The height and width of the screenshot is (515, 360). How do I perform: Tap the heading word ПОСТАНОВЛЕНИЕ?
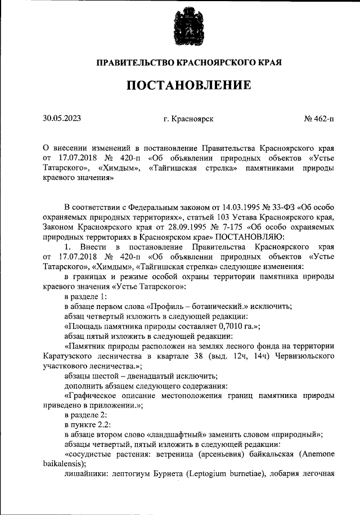[x=188, y=86]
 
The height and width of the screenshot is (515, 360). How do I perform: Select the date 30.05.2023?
[x=62, y=119]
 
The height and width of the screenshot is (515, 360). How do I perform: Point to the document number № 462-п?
[x=318, y=119]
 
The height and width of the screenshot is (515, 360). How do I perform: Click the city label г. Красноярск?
[x=188, y=119]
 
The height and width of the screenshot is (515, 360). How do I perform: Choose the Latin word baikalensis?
[x=63, y=463]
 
